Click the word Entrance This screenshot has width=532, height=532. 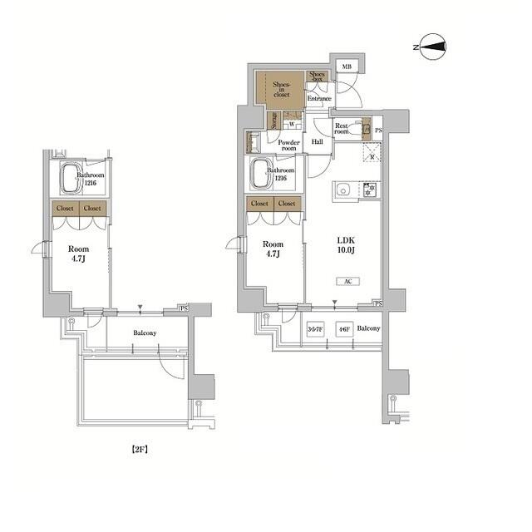coord(319,99)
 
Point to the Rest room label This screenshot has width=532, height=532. coord(342,129)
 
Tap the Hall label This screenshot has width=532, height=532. coord(317,142)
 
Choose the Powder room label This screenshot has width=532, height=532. coord(288,145)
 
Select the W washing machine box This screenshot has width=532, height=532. coord(293,126)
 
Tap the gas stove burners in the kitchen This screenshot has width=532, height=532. coord(369,190)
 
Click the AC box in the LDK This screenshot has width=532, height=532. coord(347,282)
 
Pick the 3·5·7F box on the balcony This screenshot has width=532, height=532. coord(316,329)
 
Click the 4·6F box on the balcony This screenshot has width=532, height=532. coord(342,329)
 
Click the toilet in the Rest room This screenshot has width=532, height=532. coord(364,130)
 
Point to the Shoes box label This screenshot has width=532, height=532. coord(318,77)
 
